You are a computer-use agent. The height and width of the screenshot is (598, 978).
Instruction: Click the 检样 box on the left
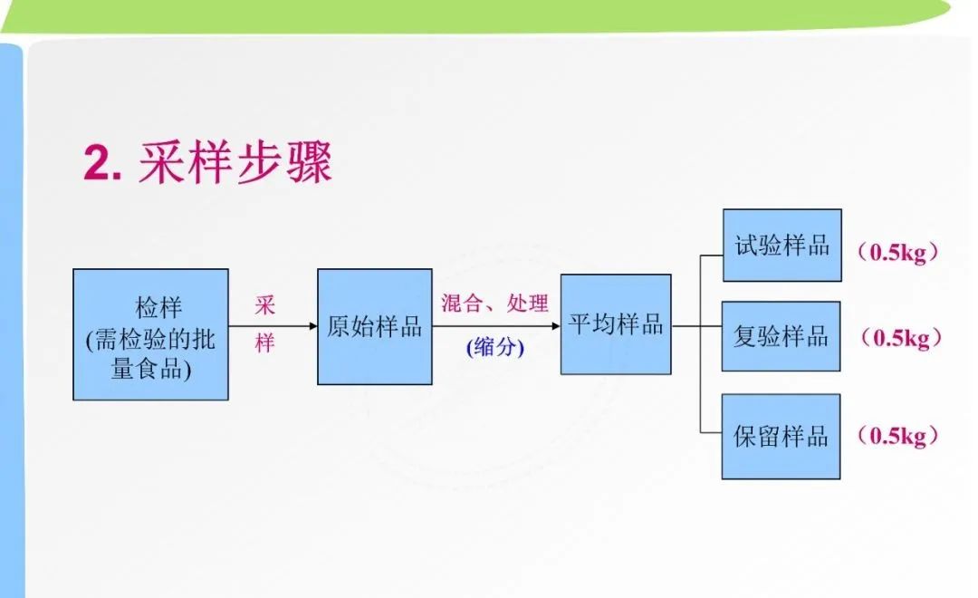point(150,334)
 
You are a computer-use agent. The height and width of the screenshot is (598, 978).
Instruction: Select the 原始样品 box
point(374,326)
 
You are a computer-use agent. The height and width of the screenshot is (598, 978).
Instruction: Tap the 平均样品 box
point(616,324)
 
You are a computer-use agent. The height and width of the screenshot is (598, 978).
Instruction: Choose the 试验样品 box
point(782,246)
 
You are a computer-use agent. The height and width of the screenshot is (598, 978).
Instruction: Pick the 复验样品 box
point(781,336)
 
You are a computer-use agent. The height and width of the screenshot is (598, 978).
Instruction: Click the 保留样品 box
point(781,437)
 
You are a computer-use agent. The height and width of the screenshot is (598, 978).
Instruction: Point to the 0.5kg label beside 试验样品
point(898,252)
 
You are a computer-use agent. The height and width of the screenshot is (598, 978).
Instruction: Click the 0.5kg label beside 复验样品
point(901,338)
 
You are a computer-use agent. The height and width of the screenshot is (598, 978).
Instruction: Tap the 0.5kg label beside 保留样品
point(898,436)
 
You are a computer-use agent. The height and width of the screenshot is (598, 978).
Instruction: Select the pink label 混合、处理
point(494,304)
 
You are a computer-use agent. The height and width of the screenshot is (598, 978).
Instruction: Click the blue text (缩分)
point(495,346)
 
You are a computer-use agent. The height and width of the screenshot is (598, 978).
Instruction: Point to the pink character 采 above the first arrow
point(264,305)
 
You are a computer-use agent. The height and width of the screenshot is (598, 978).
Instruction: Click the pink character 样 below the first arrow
point(264,342)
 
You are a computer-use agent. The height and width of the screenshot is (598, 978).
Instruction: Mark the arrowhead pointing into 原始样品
point(313,326)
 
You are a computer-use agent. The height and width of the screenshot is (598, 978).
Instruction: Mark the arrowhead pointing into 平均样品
point(556,326)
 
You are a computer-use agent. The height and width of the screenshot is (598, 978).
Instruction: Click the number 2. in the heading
point(102,163)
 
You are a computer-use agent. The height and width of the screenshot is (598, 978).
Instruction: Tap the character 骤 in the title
point(309,161)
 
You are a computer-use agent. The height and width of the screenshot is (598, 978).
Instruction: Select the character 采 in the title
point(161,161)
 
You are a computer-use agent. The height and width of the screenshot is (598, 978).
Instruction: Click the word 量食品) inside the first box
point(150,368)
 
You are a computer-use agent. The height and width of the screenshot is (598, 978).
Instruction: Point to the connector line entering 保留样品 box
point(711,432)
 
